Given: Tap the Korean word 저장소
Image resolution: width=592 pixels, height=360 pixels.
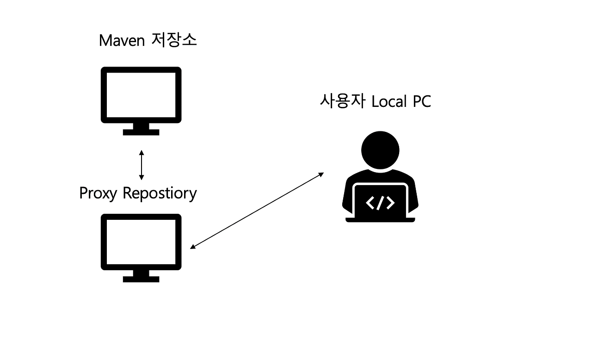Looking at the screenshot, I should coord(174,40).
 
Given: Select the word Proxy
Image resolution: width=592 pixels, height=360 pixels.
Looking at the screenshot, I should coord(98,193).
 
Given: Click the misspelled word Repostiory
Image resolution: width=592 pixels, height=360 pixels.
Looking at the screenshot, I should coord(160,193).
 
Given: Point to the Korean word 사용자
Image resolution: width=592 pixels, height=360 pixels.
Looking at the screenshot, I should coord(344,101).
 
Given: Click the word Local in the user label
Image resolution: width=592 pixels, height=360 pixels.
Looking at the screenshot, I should coord(389,101).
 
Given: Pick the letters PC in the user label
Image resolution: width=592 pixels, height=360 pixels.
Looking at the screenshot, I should coord(421,101).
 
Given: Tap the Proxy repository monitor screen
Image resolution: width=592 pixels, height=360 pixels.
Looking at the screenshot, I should coord(141,242).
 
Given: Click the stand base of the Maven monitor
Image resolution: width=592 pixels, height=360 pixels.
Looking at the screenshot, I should coord(141,132).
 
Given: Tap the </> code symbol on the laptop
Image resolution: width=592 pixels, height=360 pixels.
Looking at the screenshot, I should coord(380,203).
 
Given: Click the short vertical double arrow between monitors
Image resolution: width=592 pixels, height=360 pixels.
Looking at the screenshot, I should coord(142,165).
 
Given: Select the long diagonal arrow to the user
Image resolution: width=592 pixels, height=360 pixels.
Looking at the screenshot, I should coord(257,211).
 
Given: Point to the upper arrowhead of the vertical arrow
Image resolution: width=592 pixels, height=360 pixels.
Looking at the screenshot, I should coord(142,152).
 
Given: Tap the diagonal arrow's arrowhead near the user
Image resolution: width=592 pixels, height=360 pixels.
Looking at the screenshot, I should coord(321,174).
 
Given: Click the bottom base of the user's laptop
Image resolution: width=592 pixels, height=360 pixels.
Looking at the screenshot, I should coord(380,220).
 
